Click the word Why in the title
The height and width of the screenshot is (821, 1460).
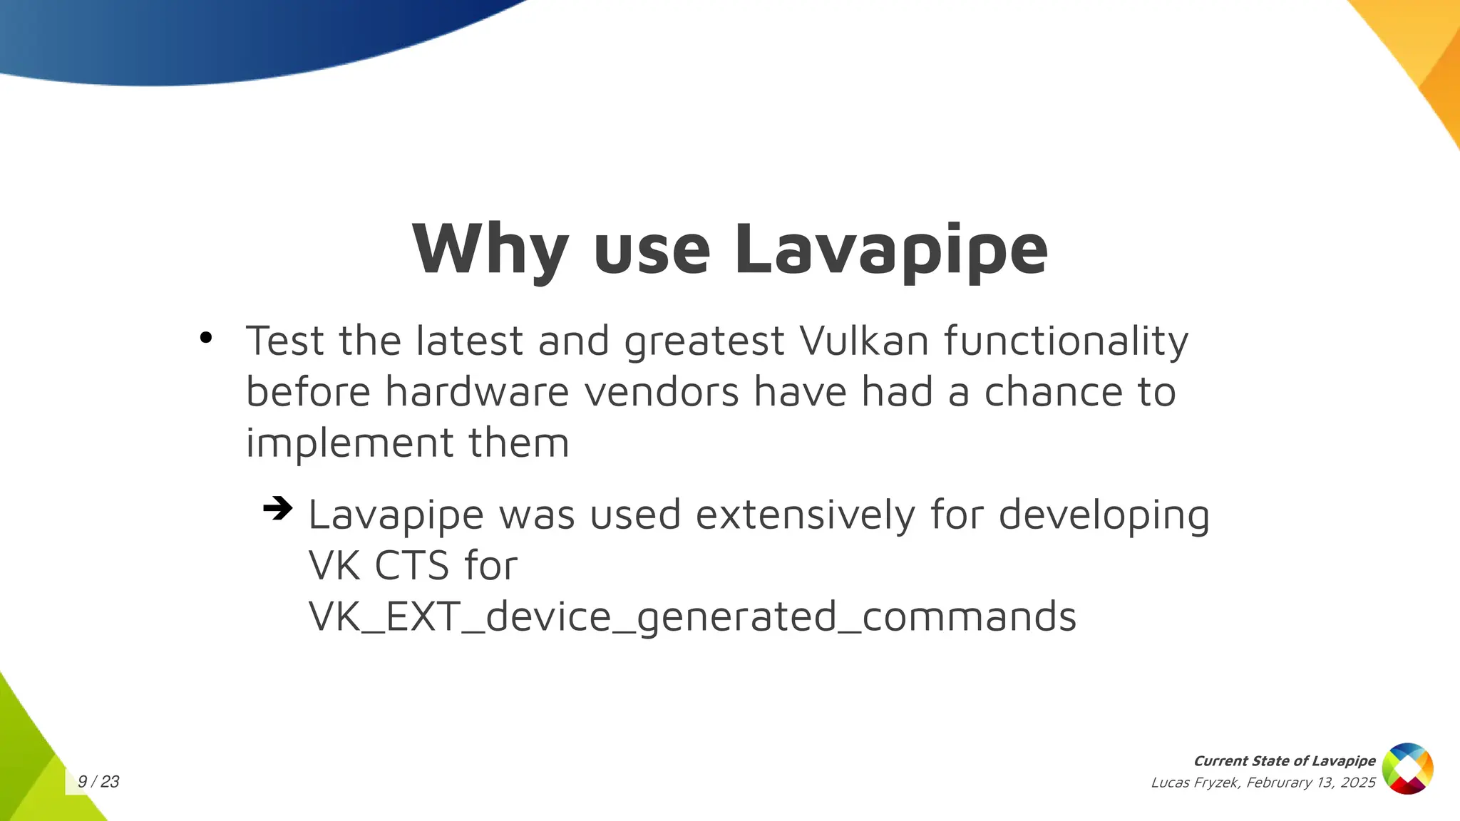pos(490,249)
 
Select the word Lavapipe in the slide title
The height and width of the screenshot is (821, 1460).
pos(891,249)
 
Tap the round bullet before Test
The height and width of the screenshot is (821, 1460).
pos(206,338)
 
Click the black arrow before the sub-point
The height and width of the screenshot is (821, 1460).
pos(278,508)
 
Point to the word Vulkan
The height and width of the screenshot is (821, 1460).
pos(864,341)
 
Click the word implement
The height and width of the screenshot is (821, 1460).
pos(349,443)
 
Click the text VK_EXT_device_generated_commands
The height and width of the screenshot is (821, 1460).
pos(692,616)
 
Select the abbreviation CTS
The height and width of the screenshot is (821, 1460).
pos(411,566)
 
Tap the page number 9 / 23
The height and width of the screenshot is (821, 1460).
pos(98,782)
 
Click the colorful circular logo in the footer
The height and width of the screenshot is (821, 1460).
pos(1407,768)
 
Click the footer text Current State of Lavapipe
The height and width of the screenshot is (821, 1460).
pos(1284,761)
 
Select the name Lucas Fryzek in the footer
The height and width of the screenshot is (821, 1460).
pos(1196,783)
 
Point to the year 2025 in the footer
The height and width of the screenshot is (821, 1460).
pos(1357,783)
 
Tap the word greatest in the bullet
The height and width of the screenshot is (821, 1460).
pos(704,342)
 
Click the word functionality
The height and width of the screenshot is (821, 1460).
pos(1066,341)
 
